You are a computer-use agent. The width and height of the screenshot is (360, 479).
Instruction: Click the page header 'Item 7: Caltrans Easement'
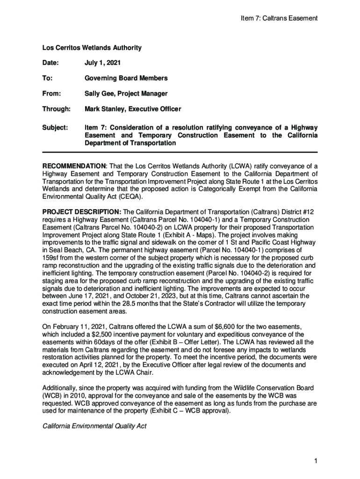[279, 18]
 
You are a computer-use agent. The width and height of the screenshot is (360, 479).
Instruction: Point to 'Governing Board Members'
[126, 78]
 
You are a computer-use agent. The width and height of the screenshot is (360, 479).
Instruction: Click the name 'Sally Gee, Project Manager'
[126, 94]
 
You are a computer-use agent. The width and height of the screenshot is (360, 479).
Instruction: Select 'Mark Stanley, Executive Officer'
[132, 109]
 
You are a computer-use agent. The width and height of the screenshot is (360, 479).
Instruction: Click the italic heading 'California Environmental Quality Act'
[94, 426]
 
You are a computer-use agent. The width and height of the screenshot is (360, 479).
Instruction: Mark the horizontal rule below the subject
[180, 152]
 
